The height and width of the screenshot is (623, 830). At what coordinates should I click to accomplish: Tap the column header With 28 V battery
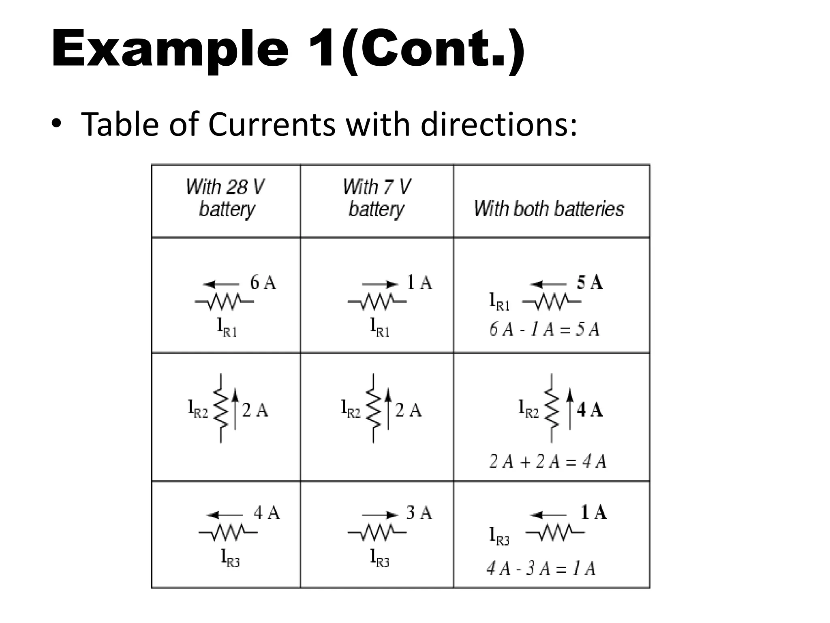click(226, 198)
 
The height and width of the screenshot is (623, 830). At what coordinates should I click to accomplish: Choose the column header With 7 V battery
click(376, 198)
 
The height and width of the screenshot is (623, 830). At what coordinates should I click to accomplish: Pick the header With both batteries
click(549, 208)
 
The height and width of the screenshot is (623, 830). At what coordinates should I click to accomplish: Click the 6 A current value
click(263, 282)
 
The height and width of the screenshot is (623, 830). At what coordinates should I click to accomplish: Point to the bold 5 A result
click(590, 282)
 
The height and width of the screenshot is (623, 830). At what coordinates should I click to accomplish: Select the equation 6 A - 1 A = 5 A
click(544, 329)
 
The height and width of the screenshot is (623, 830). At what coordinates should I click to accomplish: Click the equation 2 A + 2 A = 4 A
click(548, 462)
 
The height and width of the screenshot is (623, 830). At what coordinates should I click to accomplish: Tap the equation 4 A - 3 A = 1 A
click(541, 569)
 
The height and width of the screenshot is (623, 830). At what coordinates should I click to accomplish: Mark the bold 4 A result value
click(590, 410)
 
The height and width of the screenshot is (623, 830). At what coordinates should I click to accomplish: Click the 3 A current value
click(419, 513)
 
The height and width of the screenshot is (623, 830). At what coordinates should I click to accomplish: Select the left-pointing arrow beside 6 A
click(221, 284)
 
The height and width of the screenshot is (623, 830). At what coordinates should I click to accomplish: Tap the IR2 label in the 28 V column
click(198, 409)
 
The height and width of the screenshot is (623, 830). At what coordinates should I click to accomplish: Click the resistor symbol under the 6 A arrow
click(224, 302)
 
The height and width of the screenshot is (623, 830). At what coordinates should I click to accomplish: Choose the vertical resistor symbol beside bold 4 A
click(552, 409)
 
